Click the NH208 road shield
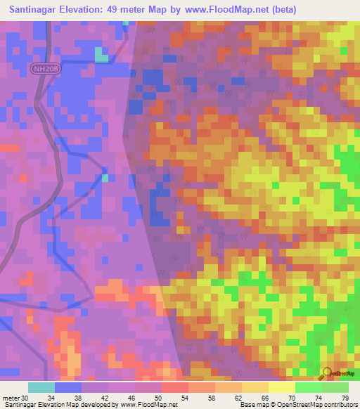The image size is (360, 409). coord(44,67)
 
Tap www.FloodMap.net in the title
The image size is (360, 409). coord(221,10)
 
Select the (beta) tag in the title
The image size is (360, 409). coord(280,10)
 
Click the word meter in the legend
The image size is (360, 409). coord(10,398)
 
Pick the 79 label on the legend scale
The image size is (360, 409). coord(345,398)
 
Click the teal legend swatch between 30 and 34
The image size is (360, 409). coord(41,387)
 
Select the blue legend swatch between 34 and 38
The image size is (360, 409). coord(67,387)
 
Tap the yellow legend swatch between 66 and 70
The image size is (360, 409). coord(281,387)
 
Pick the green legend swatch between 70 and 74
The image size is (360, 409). coord(308,387)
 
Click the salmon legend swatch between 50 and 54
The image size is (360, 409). coord(174,387)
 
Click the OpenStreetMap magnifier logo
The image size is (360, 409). coord(327,372)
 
